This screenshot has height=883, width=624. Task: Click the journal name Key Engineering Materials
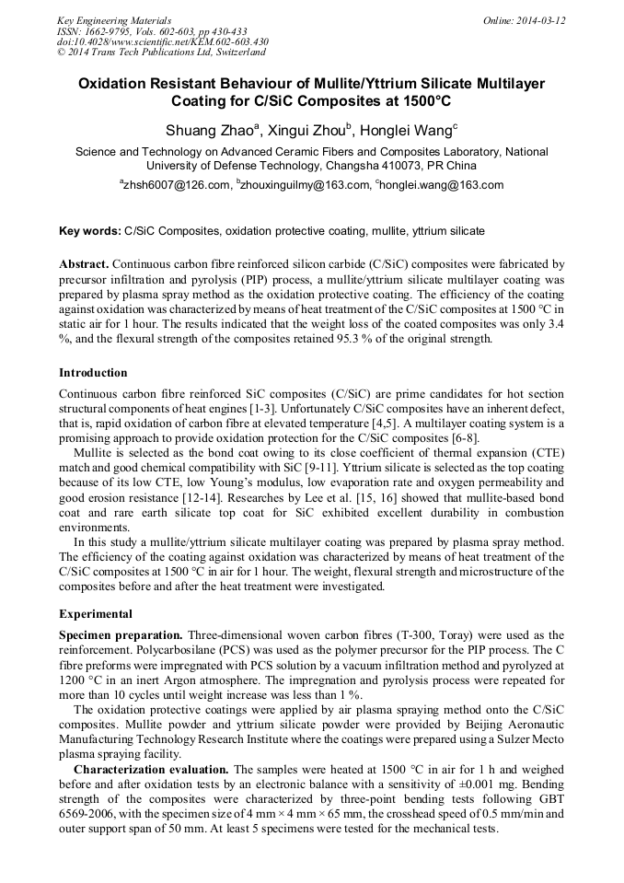coord(114,19)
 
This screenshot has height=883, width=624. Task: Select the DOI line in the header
coord(163,41)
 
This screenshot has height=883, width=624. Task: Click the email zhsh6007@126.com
coord(175,185)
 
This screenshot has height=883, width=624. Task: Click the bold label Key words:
coord(89,230)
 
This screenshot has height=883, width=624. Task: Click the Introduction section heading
coord(93,373)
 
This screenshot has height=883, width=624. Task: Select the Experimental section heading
coord(96,613)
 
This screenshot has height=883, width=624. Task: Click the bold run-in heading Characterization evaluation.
coord(152,768)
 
